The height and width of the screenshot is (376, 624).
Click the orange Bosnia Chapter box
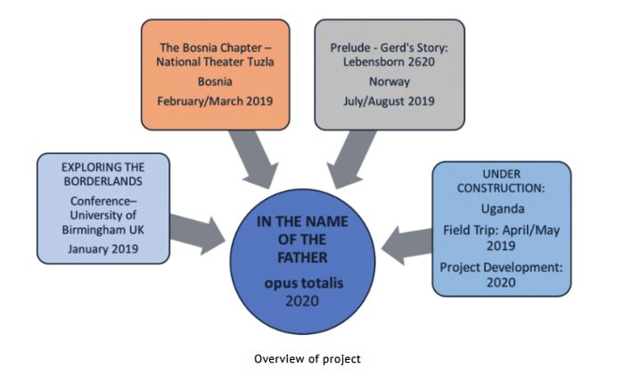click(x=216, y=74)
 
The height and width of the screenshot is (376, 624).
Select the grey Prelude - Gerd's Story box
click(x=390, y=74)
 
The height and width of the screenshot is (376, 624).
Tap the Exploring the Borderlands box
click(x=103, y=208)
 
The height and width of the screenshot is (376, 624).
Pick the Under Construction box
click(x=501, y=229)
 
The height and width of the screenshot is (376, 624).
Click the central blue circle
click(x=302, y=262)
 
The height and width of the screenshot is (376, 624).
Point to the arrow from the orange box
click(x=253, y=159)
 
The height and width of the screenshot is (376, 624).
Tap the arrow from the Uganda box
click(x=406, y=246)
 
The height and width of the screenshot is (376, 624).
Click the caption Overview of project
click(x=308, y=359)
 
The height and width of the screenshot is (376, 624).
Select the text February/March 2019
click(x=215, y=101)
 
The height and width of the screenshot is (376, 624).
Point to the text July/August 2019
click(x=390, y=101)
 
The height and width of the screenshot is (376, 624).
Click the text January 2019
click(x=103, y=249)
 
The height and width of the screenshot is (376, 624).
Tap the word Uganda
click(x=503, y=209)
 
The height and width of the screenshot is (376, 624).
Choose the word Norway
click(x=390, y=82)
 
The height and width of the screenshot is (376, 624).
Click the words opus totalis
click(x=304, y=283)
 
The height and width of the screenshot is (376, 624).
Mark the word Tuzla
click(x=260, y=62)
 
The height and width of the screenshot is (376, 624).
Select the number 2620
click(x=421, y=62)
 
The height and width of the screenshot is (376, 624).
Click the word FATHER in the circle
click(x=302, y=257)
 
